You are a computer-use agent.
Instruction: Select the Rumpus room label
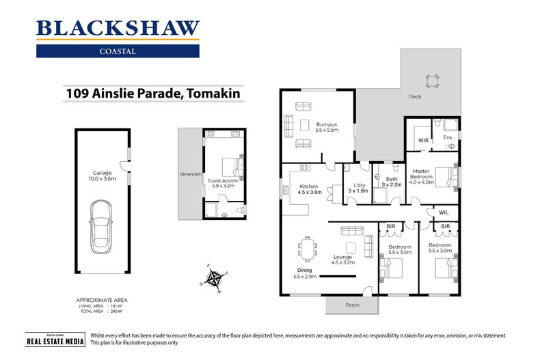[x=327, y=126]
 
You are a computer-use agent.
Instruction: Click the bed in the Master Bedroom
[x=444, y=176]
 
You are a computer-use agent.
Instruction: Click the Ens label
[x=448, y=138]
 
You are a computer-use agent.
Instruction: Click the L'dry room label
[x=358, y=187]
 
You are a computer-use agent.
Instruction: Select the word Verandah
[x=189, y=174]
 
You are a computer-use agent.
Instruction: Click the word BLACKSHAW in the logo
[x=118, y=29]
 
